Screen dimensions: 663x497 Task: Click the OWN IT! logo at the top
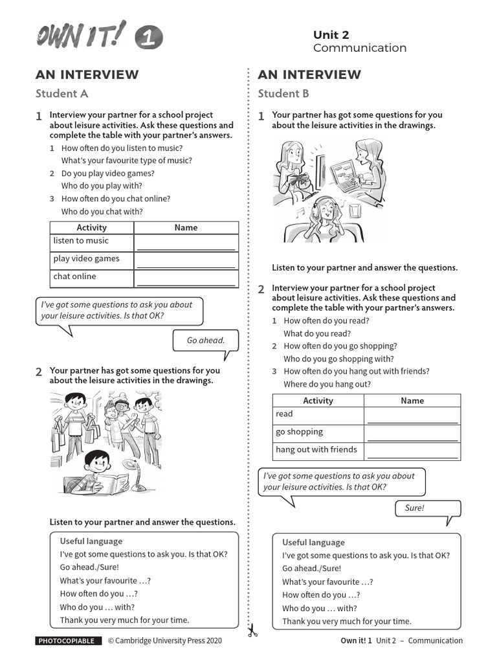(x=98, y=38)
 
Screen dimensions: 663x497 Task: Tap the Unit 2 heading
(x=331, y=35)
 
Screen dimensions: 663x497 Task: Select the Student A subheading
(x=61, y=93)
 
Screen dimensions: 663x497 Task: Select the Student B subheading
(x=283, y=93)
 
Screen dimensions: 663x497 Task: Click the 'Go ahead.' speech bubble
(x=205, y=341)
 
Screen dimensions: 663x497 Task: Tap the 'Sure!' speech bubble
(x=414, y=508)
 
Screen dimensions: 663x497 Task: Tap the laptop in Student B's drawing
(x=348, y=175)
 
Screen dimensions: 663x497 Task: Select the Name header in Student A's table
(x=186, y=228)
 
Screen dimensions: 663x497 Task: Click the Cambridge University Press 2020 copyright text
(x=164, y=641)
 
